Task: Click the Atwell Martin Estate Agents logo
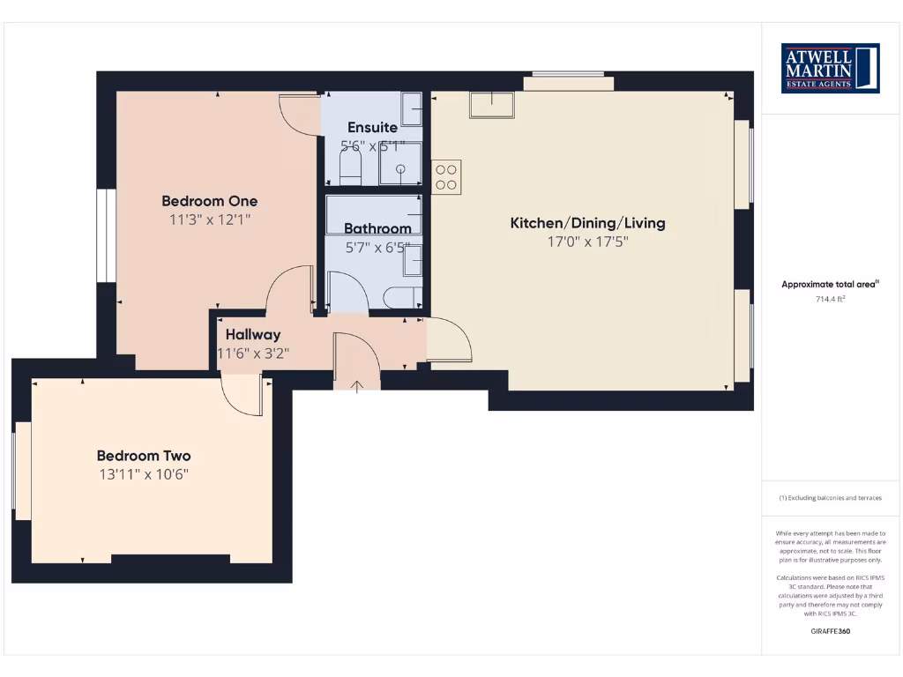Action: [830, 68]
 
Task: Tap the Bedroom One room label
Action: [210, 201]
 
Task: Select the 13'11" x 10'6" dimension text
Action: [144, 474]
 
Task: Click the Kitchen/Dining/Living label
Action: [587, 223]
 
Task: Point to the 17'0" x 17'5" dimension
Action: [587, 242]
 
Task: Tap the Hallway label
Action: [253, 334]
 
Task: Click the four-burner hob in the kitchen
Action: [446, 176]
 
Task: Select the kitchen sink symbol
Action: [491, 104]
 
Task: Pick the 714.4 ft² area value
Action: [830, 300]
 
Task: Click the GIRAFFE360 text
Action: [830, 631]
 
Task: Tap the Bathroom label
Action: [377, 228]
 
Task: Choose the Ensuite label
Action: [372, 127]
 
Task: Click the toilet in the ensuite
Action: [350, 168]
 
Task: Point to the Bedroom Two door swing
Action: [242, 394]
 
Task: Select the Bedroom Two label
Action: [144, 456]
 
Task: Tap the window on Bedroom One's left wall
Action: [106, 235]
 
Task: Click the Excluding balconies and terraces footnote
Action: [830, 498]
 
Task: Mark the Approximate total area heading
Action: [830, 284]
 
